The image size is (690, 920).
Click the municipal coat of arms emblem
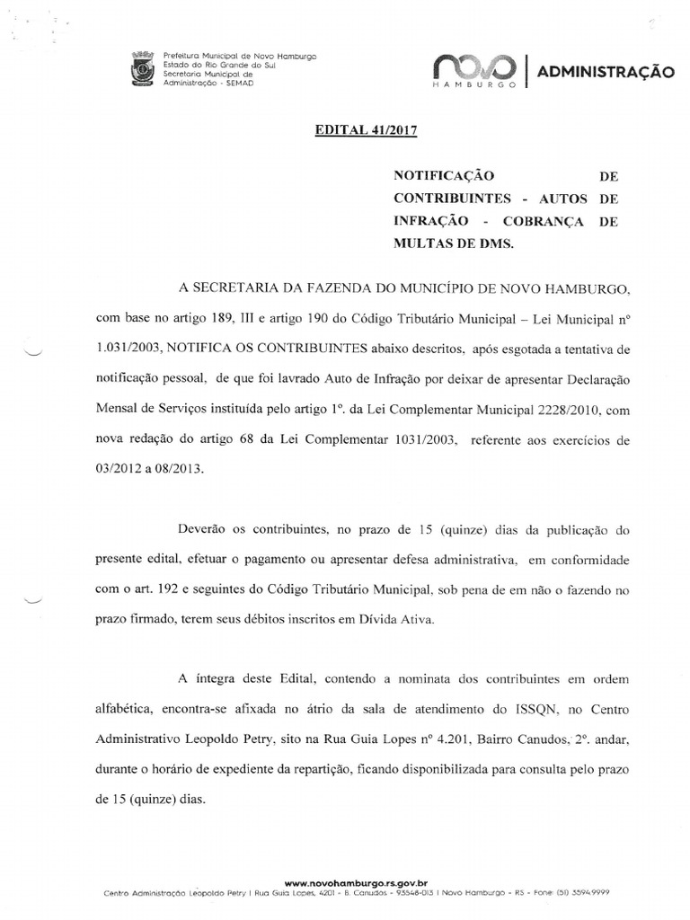pos(142,71)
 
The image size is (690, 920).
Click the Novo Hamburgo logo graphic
pos(473,69)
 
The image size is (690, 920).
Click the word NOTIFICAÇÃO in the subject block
pos(444,176)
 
